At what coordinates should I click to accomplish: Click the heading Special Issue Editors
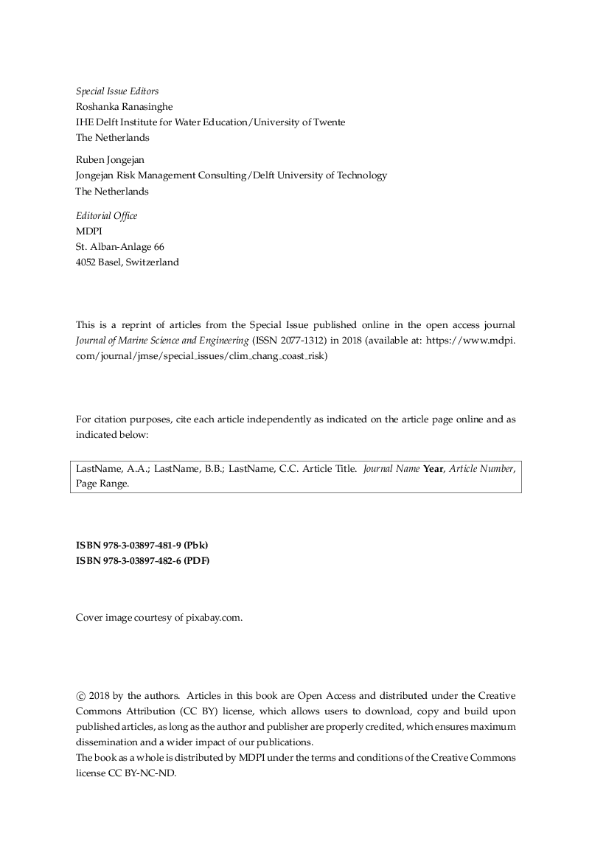(117, 91)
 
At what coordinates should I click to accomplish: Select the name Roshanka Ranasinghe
(124, 106)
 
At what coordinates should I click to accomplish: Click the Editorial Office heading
(106, 216)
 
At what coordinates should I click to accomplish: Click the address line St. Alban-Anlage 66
(119, 247)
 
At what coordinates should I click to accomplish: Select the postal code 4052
(87, 262)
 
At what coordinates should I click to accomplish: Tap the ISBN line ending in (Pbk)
(142, 546)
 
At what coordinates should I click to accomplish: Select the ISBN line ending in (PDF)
(143, 561)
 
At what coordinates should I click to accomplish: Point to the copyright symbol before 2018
(80, 695)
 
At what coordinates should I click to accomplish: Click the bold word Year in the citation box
(433, 469)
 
